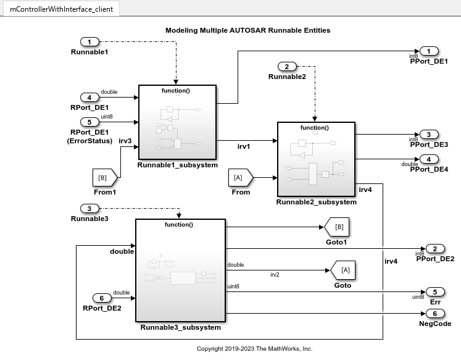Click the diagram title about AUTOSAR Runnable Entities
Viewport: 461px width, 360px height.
(x=247, y=30)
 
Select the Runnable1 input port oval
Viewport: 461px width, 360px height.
(x=89, y=42)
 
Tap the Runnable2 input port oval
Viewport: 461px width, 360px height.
(x=286, y=66)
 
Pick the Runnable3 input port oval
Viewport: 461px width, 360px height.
(x=89, y=209)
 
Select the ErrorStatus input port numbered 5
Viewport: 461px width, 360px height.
(x=89, y=122)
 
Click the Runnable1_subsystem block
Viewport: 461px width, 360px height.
(x=177, y=123)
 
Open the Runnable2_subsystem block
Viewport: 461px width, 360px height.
(x=316, y=159)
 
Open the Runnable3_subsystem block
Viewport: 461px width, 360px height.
(x=180, y=270)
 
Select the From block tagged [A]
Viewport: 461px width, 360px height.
(x=240, y=177)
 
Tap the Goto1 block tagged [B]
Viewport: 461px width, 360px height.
(x=338, y=227)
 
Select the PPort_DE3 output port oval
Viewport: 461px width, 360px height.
(x=429, y=134)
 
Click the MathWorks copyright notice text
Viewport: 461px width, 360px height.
(x=254, y=349)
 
